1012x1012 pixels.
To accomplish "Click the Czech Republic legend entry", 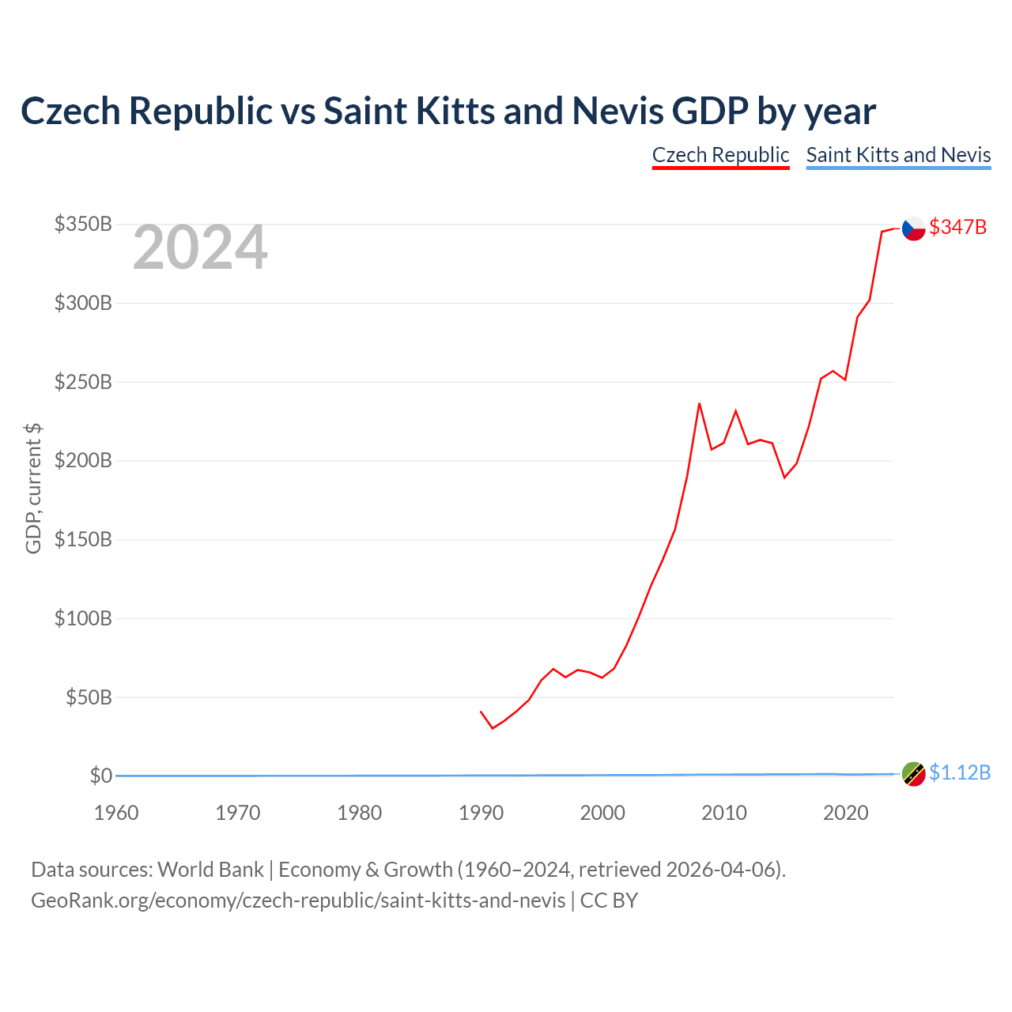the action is [x=720, y=156].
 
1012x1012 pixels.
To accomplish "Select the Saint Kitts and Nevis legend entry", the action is [x=898, y=156].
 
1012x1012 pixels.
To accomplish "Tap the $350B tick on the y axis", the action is [x=83, y=225].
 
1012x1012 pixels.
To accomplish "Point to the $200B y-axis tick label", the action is [x=83, y=461].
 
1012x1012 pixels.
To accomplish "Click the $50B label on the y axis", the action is [x=89, y=697].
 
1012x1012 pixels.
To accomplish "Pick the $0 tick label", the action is [x=101, y=776].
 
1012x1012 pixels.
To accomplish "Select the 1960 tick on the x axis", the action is [x=116, y=813].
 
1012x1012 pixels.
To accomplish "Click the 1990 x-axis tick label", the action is [x=481, y=813].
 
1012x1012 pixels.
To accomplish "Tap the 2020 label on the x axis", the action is [x=845, y=813].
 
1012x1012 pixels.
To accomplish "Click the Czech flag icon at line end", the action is [x=913, y=228].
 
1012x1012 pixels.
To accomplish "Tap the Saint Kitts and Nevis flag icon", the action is [x=913, y=774].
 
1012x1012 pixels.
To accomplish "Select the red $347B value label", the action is [x=958, y=228].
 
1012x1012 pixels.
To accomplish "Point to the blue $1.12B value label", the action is [x=960, y=773].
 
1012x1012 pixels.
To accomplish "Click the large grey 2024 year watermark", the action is [x=200, y=247].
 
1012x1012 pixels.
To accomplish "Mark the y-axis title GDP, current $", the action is [x=33, y=489].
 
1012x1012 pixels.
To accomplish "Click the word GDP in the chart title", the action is [x=711, y=111].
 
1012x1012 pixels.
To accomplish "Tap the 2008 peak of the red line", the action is [x=699, y=403].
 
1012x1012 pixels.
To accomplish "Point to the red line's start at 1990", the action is [x=481, y=712].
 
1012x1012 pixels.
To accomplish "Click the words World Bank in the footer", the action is [x=210, y=870].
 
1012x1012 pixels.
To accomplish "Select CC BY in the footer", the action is [x=610, y=901].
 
